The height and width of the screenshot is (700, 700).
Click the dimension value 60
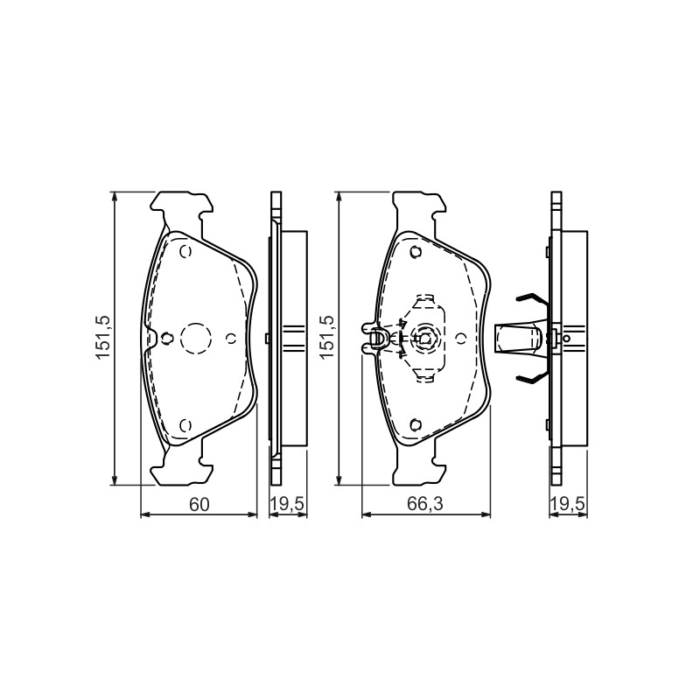[x=199, y=505]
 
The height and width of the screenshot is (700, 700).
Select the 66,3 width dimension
[x=424, y=505]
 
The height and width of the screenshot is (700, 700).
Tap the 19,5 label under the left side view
[x=288, y=504]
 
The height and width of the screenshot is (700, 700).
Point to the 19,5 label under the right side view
[x=567, y=504]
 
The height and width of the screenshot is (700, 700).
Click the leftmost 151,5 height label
[x=102, y=337]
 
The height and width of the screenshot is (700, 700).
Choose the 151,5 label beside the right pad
[x=326, y=337]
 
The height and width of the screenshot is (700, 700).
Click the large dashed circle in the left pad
[x=195, y=339]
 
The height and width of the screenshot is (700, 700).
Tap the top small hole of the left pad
[x=185, y=252]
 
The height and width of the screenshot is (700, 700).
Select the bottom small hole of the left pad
[x=185, y=425]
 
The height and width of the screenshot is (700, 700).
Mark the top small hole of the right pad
[x=416, y=252]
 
